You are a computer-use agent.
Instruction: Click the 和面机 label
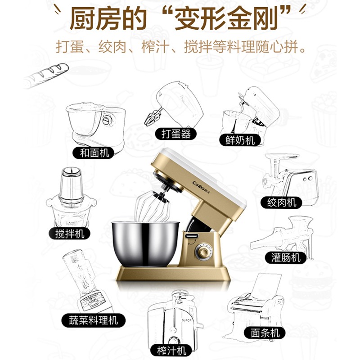(x=94, y=153)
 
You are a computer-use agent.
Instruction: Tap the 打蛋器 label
(x=175, y=134)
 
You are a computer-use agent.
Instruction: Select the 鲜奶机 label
(x=240, y=140)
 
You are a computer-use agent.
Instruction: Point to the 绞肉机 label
(x=281, y=202)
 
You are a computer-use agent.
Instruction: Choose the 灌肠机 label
(x=286, y=257)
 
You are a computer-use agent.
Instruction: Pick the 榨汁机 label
(x=171, y=351)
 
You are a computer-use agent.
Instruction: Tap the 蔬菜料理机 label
(x=94, y=320)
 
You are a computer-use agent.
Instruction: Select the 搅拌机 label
(x=69, y=234)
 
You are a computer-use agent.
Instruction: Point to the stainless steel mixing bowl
(x=145, y=243)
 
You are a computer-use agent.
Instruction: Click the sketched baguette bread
(x=46, y=76)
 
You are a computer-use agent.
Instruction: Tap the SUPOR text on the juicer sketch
(x=186, y=320)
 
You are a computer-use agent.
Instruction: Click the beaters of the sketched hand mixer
(x=152, y=117)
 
